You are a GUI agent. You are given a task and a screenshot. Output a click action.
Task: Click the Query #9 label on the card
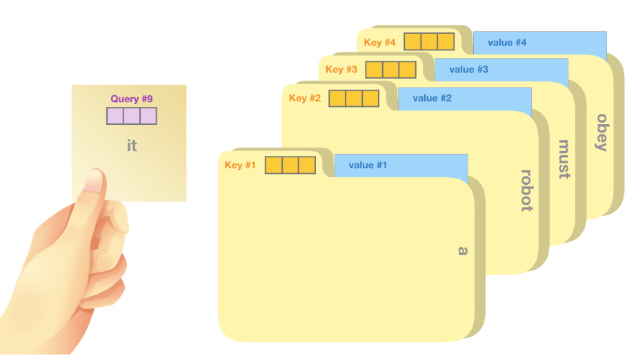coord(132,99)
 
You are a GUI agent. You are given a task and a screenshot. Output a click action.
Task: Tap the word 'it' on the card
coord(132,146)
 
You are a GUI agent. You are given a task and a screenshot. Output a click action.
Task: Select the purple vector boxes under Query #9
coord(132,116)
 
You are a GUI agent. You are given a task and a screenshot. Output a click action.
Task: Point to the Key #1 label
coord(240,166)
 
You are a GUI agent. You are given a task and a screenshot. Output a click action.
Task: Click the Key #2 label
coord(305,98)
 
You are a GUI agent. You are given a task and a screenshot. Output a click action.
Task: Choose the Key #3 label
coord(341,70)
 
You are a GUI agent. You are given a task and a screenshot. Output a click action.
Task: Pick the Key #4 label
coord(380,42)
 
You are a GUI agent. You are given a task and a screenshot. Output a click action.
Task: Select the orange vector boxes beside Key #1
coord(290,166)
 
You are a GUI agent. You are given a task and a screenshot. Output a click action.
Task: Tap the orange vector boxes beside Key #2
coord(354,98)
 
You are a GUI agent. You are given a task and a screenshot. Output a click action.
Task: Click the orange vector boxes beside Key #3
coord(391,70)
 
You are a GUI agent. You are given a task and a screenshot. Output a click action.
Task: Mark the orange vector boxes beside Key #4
coord(429,42)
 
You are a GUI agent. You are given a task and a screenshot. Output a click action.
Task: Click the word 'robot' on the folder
coord(526,190)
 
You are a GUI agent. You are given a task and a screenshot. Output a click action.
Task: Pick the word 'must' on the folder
coord(564,159)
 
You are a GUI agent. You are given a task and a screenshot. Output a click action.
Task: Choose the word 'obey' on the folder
coord(601,132)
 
